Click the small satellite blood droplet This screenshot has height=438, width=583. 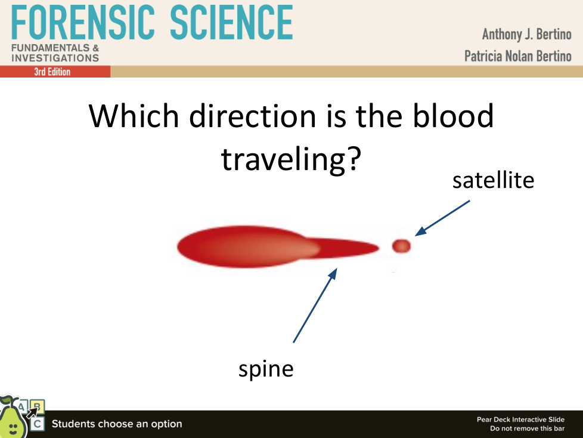tap(401, 246)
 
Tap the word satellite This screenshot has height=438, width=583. tap(493, 180)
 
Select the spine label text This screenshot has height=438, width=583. tap(266, 369)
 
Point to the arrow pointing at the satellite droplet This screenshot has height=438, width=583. tap(442, 218)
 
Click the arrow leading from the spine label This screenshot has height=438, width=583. tap(315, 305)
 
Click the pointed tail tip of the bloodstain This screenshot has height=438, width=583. tap(379, 247)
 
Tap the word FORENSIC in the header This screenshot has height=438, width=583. tap(83, 22)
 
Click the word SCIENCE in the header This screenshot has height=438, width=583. tap(232, 22)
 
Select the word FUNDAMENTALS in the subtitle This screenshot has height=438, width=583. tap(51, 48)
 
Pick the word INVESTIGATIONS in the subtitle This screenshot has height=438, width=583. tap(55, 58)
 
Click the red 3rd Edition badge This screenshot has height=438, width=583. tap(55, 72)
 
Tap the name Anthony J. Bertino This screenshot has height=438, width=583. tap(527, 35)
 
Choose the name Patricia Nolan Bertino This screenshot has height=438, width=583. tap(518, 56)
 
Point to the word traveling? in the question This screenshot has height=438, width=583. tap(291, 159)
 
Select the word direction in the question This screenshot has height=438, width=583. tap(253, 116)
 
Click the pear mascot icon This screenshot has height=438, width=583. tap(13, 418)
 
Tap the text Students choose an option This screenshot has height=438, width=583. tap(117, 424)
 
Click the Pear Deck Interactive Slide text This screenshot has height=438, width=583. tap(520, 420)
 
